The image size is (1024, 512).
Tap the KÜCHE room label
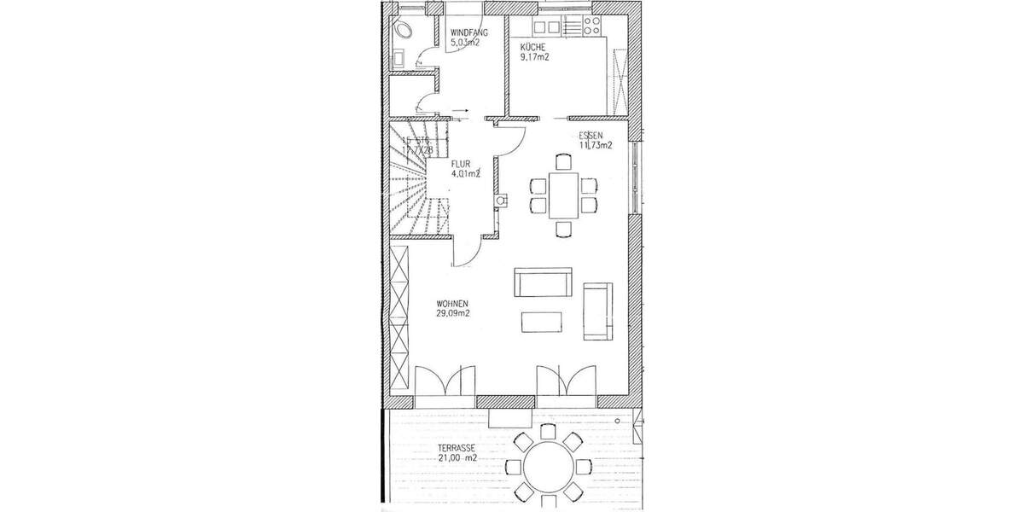(x=534, y=48)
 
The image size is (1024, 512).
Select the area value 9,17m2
(x=535, y=58)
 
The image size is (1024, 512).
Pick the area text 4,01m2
(x=466, y=173)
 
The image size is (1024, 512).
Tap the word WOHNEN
(x=451, y=303)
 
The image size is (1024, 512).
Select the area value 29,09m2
(x=454, y=313)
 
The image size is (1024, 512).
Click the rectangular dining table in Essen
(x=563, y=195)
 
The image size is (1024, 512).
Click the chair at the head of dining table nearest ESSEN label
(x=563, y=160)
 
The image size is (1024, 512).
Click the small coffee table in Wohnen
(x=542, y=321)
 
